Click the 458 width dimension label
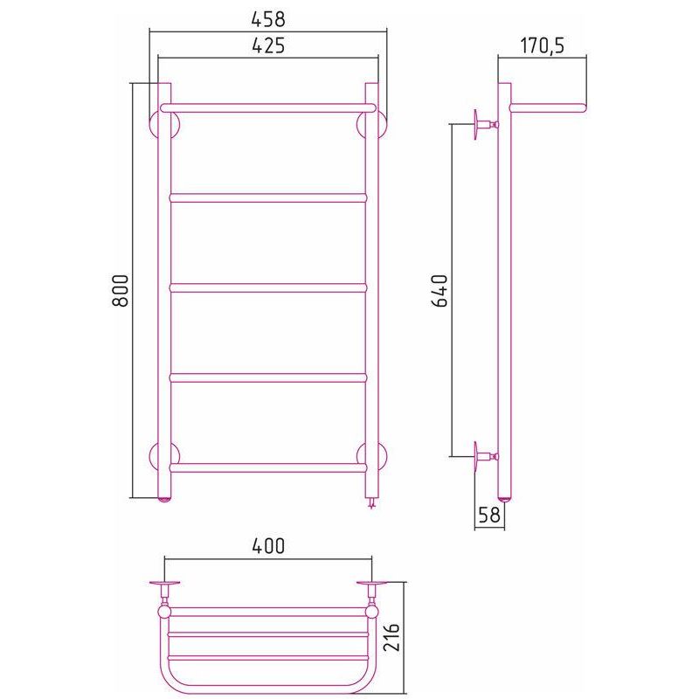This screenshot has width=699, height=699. [268, 19]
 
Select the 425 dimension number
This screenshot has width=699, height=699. [268, 45]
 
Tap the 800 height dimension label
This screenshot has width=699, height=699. [120, 290]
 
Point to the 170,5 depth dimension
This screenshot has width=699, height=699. [542, 45]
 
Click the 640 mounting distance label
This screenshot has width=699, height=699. [439, 291]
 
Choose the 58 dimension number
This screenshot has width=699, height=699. [489, 515]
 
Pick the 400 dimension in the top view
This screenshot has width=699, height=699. [268, 546]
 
